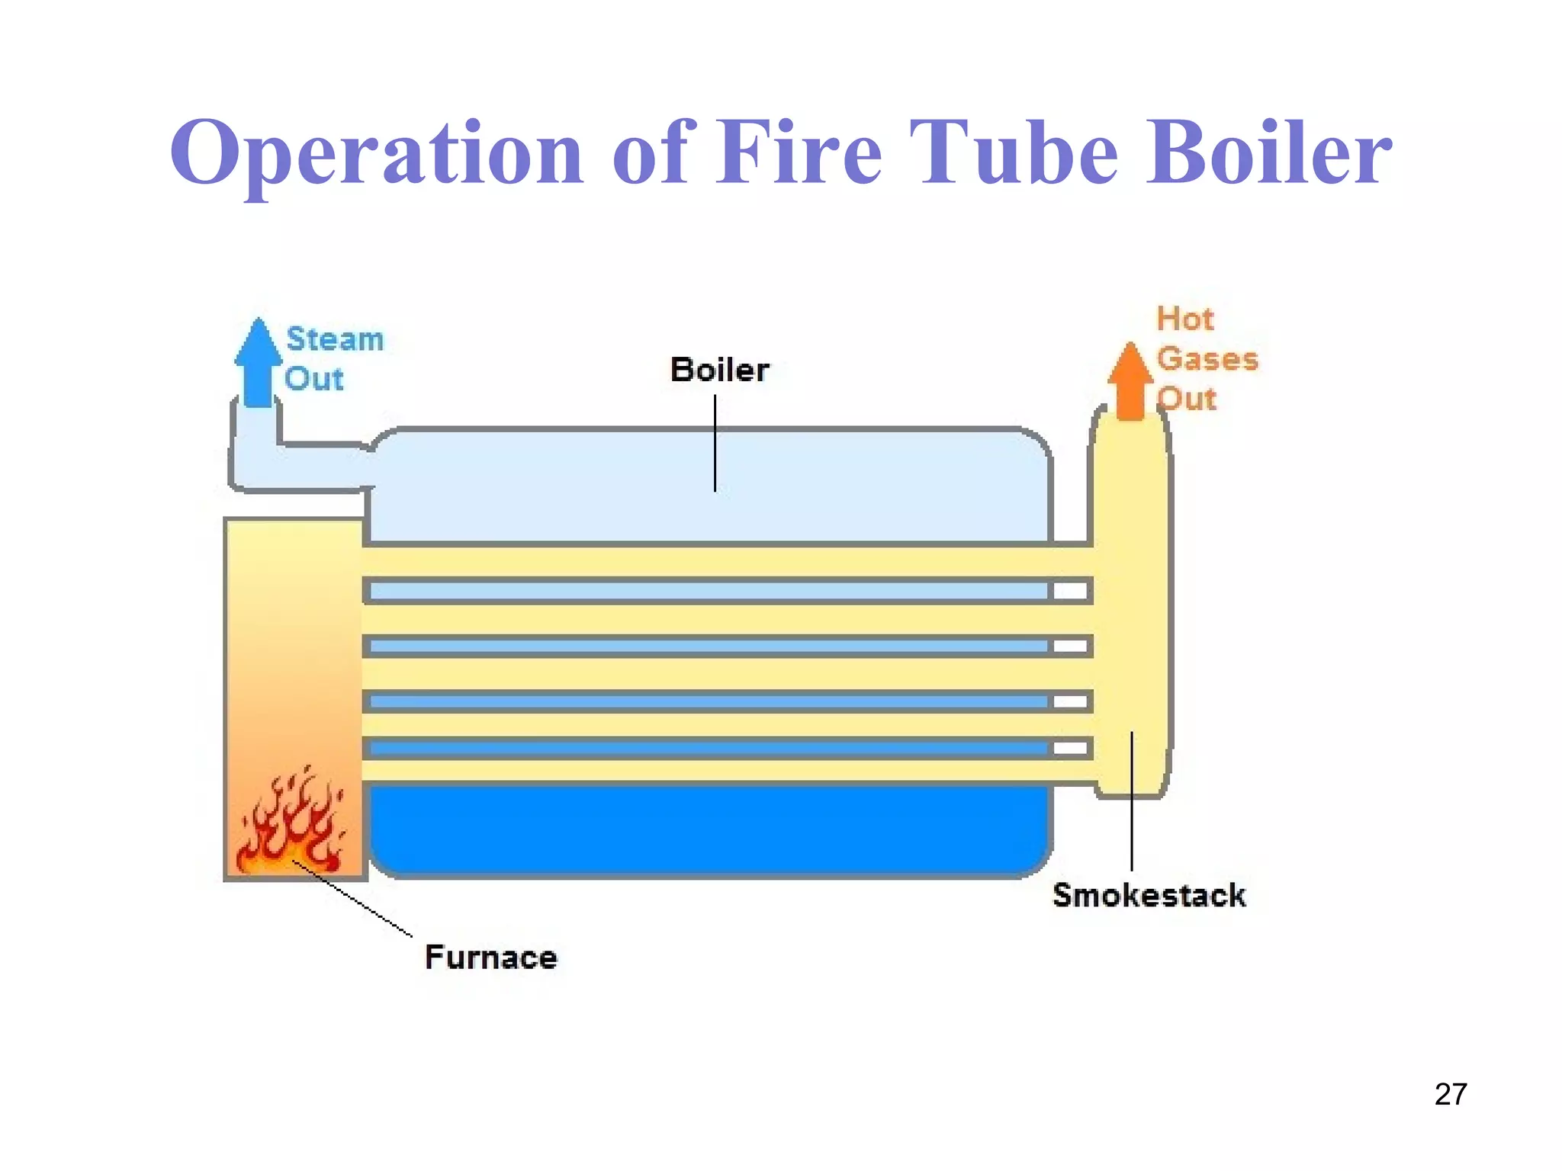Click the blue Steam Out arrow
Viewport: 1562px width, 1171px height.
click(259, 364)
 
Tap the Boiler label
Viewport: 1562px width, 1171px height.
click(719, 371)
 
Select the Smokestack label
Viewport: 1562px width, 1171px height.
click(1149, 895)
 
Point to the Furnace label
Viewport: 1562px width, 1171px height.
click(490, 958)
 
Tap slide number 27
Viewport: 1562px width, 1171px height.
click(1450, 1094)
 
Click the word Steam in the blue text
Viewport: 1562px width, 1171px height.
click(335, 339)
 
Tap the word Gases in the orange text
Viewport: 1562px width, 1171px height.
click(1207, 359)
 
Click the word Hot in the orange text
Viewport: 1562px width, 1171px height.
click(1184, 319)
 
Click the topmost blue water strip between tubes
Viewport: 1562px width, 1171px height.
click(709, 591)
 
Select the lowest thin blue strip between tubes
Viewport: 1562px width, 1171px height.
click(709, 749)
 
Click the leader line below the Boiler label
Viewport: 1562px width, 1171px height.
click(715, 442)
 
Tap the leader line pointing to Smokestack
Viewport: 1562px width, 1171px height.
click(1132, 800)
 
